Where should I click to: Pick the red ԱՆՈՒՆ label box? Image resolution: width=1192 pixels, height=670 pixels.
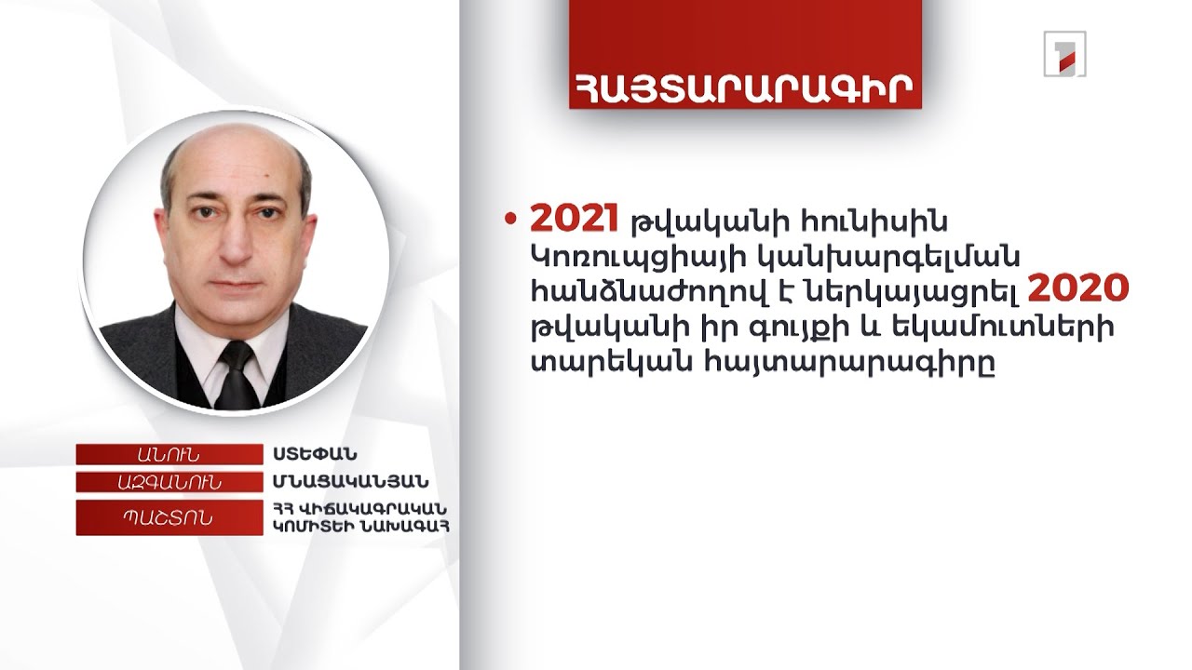click(169, 454)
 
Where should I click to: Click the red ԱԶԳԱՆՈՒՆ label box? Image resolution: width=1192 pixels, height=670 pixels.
click(169, 482)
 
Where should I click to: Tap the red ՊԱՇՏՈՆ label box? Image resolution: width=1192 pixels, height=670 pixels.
click(169, 517)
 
